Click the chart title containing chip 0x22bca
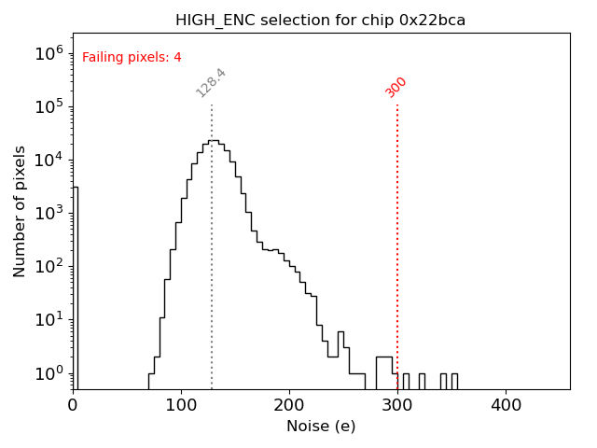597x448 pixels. [320, 21]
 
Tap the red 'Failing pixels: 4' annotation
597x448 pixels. [132, 57]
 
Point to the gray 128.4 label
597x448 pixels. [212, 82]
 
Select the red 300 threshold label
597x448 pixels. [396, 87]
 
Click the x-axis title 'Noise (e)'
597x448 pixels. [320, 427]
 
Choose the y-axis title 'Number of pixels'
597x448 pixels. [21, 211]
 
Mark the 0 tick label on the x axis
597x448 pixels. [73, 406]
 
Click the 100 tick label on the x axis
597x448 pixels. [181, 406]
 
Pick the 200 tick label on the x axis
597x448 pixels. [289, 406]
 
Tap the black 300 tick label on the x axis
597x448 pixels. [397, 406]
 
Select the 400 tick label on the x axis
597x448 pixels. [506, 406]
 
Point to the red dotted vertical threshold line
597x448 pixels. [397, 243]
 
